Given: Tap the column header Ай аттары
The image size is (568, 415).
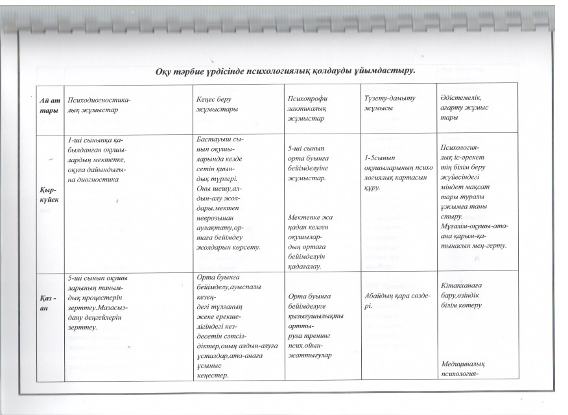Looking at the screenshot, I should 50,104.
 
